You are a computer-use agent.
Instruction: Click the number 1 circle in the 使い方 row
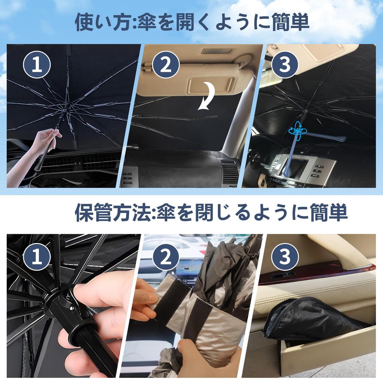37,65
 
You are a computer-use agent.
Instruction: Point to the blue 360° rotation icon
298,130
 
